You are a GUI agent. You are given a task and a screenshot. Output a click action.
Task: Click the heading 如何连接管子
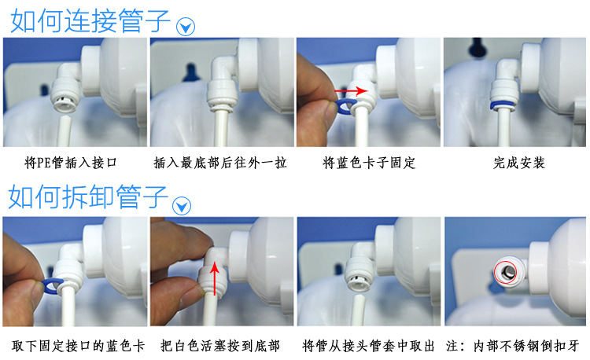90,21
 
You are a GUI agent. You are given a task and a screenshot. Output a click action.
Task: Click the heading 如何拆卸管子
88,197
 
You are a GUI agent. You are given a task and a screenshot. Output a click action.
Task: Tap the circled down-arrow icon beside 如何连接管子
186,27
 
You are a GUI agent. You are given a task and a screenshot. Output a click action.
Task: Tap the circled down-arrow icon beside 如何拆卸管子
182,206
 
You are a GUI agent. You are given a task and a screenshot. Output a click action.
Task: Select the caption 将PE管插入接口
71,163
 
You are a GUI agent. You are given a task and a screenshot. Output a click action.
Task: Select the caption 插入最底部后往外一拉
220,163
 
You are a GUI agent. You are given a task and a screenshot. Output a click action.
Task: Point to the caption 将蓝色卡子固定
369,163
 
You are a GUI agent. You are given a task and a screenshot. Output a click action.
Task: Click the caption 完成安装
519,163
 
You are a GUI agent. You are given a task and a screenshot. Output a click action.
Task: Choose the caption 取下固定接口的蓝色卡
78,346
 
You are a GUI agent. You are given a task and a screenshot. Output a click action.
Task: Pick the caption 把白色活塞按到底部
220,346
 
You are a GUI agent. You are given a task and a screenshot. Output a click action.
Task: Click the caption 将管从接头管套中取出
368,346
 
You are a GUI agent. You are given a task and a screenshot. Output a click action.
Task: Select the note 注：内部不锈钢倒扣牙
512,346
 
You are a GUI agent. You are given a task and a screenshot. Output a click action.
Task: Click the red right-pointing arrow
351,91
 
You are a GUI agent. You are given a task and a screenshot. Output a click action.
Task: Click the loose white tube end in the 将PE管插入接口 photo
65,130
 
